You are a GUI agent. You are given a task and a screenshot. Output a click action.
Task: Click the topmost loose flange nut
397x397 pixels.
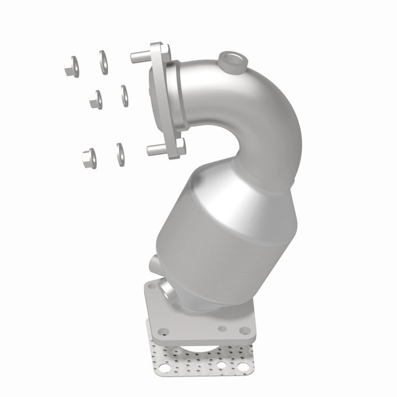click(x=71, y=67)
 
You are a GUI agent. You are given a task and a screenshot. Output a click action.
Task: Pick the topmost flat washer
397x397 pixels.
click(x=103, y=57)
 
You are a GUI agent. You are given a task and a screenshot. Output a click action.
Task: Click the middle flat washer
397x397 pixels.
click(x=123, y=94)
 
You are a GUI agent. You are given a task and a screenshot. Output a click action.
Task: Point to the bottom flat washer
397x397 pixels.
click(x=119, y=152)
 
